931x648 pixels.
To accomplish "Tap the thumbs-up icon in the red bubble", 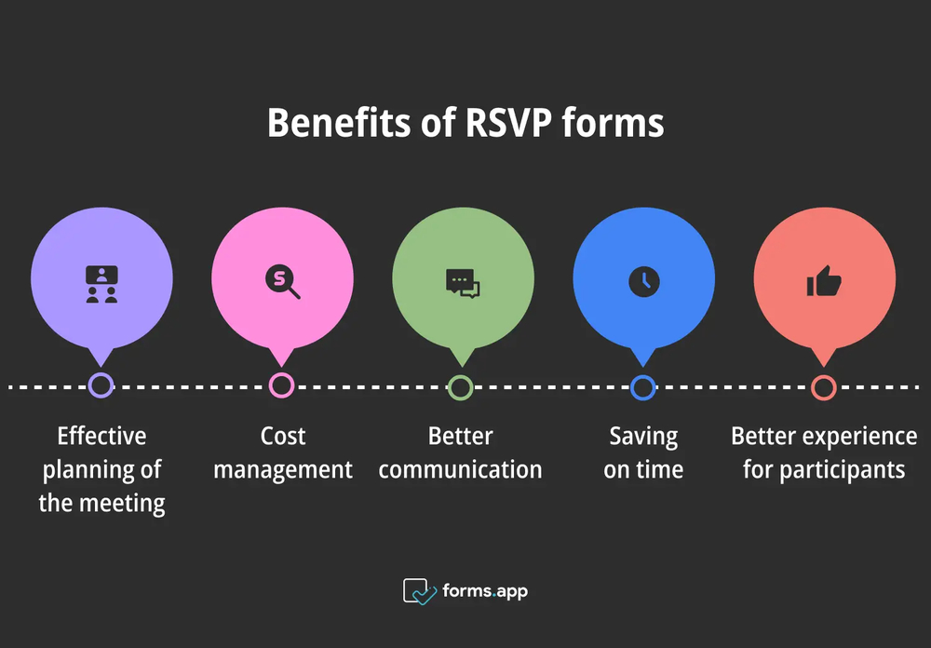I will click(824, 281).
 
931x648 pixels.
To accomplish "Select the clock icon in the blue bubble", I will click(643, 281).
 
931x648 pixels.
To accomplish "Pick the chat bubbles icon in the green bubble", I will click(463, 282).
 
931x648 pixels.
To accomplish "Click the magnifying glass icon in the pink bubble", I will click(282, 281).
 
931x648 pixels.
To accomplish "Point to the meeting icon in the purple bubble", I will click(101, 283).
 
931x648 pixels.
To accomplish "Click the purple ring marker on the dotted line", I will click(101, 385).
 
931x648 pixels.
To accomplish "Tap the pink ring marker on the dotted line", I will click(281, 385).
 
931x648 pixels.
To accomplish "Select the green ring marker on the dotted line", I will click(461, 386).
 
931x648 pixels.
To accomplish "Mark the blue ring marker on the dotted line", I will click(642, 386).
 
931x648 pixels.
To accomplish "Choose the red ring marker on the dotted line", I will click(823, 386).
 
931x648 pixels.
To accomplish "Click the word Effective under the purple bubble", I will click(101, 436).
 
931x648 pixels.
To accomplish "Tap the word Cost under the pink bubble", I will click(283, 436).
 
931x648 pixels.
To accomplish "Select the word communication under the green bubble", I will click(460, 469).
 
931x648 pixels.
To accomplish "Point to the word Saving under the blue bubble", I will click(643, 436).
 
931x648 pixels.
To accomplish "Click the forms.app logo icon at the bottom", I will click(419, 591).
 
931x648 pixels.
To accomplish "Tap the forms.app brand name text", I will click(485, 591).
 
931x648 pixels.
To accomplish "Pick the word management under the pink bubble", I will click(283, 469).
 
